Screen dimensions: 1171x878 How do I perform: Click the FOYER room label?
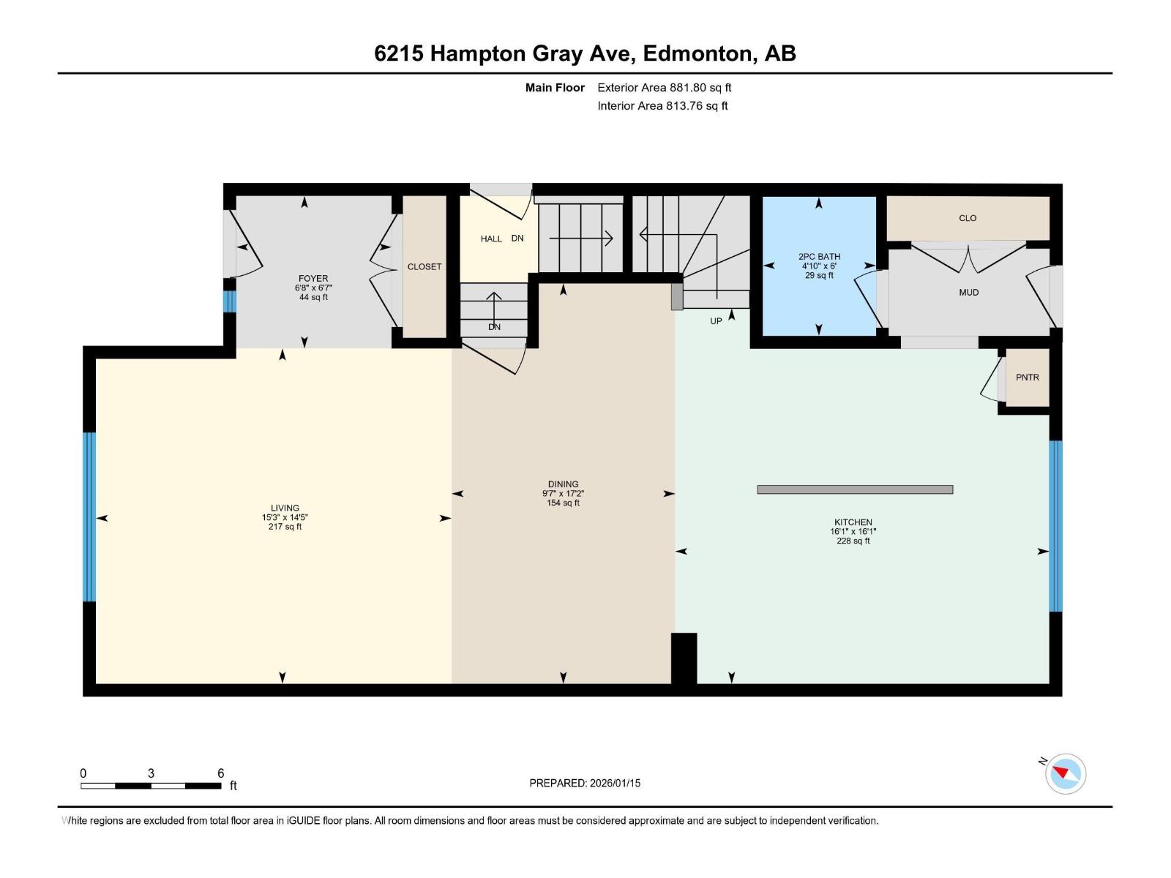point(313,278)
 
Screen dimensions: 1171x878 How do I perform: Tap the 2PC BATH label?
point(819,256)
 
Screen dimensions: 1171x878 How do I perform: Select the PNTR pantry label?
point(1027,378)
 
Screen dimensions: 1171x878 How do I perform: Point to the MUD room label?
point(969,292)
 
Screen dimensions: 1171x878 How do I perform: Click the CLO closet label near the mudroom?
point(968,218)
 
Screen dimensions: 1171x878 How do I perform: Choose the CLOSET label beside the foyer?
point(424,266)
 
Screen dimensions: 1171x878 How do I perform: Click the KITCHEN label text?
point(853,522)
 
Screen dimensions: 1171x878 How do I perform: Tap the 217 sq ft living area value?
point(285,527)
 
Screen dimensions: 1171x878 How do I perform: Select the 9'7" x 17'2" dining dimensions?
point(563,494)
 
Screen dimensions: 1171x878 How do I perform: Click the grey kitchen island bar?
point(855,489)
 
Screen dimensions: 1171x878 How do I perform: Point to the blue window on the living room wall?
point(89,517)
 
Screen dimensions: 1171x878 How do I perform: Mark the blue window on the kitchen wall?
point(1055,525)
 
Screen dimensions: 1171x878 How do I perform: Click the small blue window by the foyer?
point(229,301)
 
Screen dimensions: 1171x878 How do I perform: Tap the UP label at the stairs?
point(716,321)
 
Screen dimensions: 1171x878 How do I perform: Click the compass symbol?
point(1065,773)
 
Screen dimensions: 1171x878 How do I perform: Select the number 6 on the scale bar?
point(221,773)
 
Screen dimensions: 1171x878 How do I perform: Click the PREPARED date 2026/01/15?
point(615,783)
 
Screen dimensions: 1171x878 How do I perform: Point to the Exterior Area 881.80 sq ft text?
point(665,87)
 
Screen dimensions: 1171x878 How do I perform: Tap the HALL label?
point(491,239)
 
